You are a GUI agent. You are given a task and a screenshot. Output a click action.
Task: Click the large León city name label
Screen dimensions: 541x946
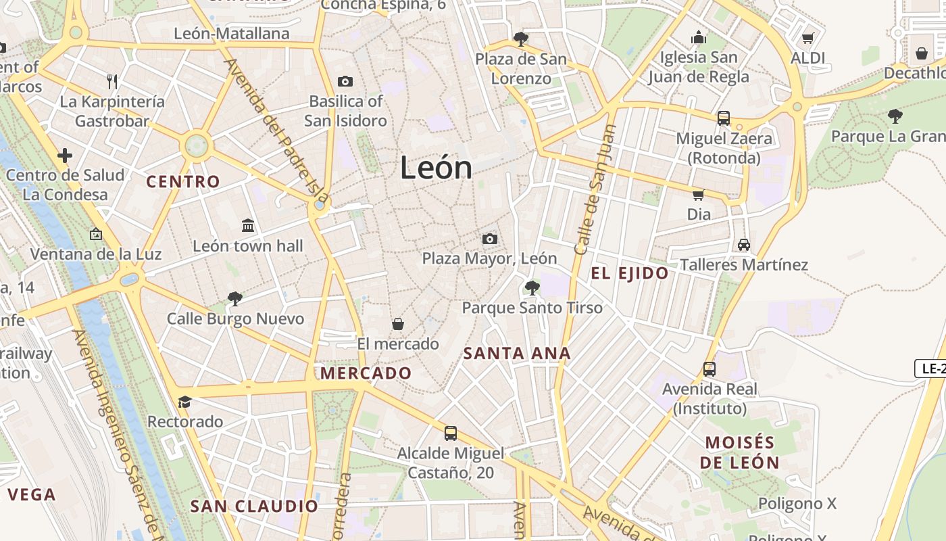[x=436, y=168]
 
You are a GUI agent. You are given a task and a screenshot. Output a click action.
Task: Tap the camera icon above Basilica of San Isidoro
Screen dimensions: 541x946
[x=345, y=82]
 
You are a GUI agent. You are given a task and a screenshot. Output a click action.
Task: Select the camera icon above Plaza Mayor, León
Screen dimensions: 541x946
[x=490, y=239]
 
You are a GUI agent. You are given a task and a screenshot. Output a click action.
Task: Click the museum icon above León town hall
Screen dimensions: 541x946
[x=248, y=225]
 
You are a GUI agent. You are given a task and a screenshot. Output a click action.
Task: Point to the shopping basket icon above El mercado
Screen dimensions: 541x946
[x=398, y=324]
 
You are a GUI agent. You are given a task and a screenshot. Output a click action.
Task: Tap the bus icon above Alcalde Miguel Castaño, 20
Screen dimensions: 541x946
[x=451, y=433]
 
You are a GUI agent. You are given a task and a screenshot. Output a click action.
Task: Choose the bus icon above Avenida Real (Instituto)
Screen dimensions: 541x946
[x=709, y=369]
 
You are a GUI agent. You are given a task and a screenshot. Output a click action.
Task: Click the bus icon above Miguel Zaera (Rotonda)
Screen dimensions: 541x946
[x=724, y=118]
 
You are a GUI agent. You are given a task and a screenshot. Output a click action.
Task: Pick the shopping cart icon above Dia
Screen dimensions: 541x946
[x=698, y=195]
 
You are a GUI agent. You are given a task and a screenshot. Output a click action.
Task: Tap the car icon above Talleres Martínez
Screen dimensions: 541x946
[x=744, y=244]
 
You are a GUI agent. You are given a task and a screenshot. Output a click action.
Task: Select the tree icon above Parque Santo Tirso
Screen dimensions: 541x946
[x=532, y=288]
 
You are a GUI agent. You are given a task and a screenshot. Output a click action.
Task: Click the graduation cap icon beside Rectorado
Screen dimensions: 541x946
[x=184, y=402]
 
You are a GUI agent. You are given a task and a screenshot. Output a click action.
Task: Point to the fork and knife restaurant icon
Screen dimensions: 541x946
[x=112, y=82]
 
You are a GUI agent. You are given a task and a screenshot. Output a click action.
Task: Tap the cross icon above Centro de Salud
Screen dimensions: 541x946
[x=65, y=156]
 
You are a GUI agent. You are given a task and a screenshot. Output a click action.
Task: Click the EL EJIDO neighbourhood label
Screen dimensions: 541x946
[x=630, y=274]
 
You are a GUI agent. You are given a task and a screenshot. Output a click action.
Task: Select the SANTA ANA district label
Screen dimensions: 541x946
[x=518, y=353]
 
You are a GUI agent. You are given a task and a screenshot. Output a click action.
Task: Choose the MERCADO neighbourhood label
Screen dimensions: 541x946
[x=366, y=373]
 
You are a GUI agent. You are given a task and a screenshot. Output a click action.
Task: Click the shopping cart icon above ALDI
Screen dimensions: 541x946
[x=807, y=39]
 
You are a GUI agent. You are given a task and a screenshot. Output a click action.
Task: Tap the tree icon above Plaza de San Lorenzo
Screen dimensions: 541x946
[x=520, y=39]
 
